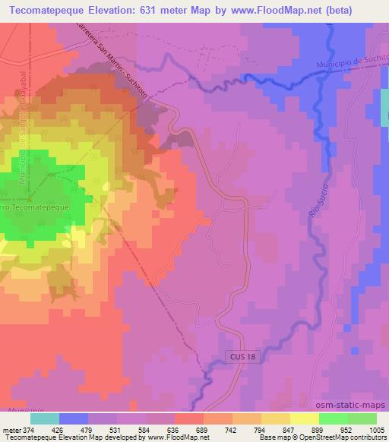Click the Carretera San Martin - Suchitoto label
117,65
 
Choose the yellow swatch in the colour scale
304,419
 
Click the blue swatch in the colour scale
72,419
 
